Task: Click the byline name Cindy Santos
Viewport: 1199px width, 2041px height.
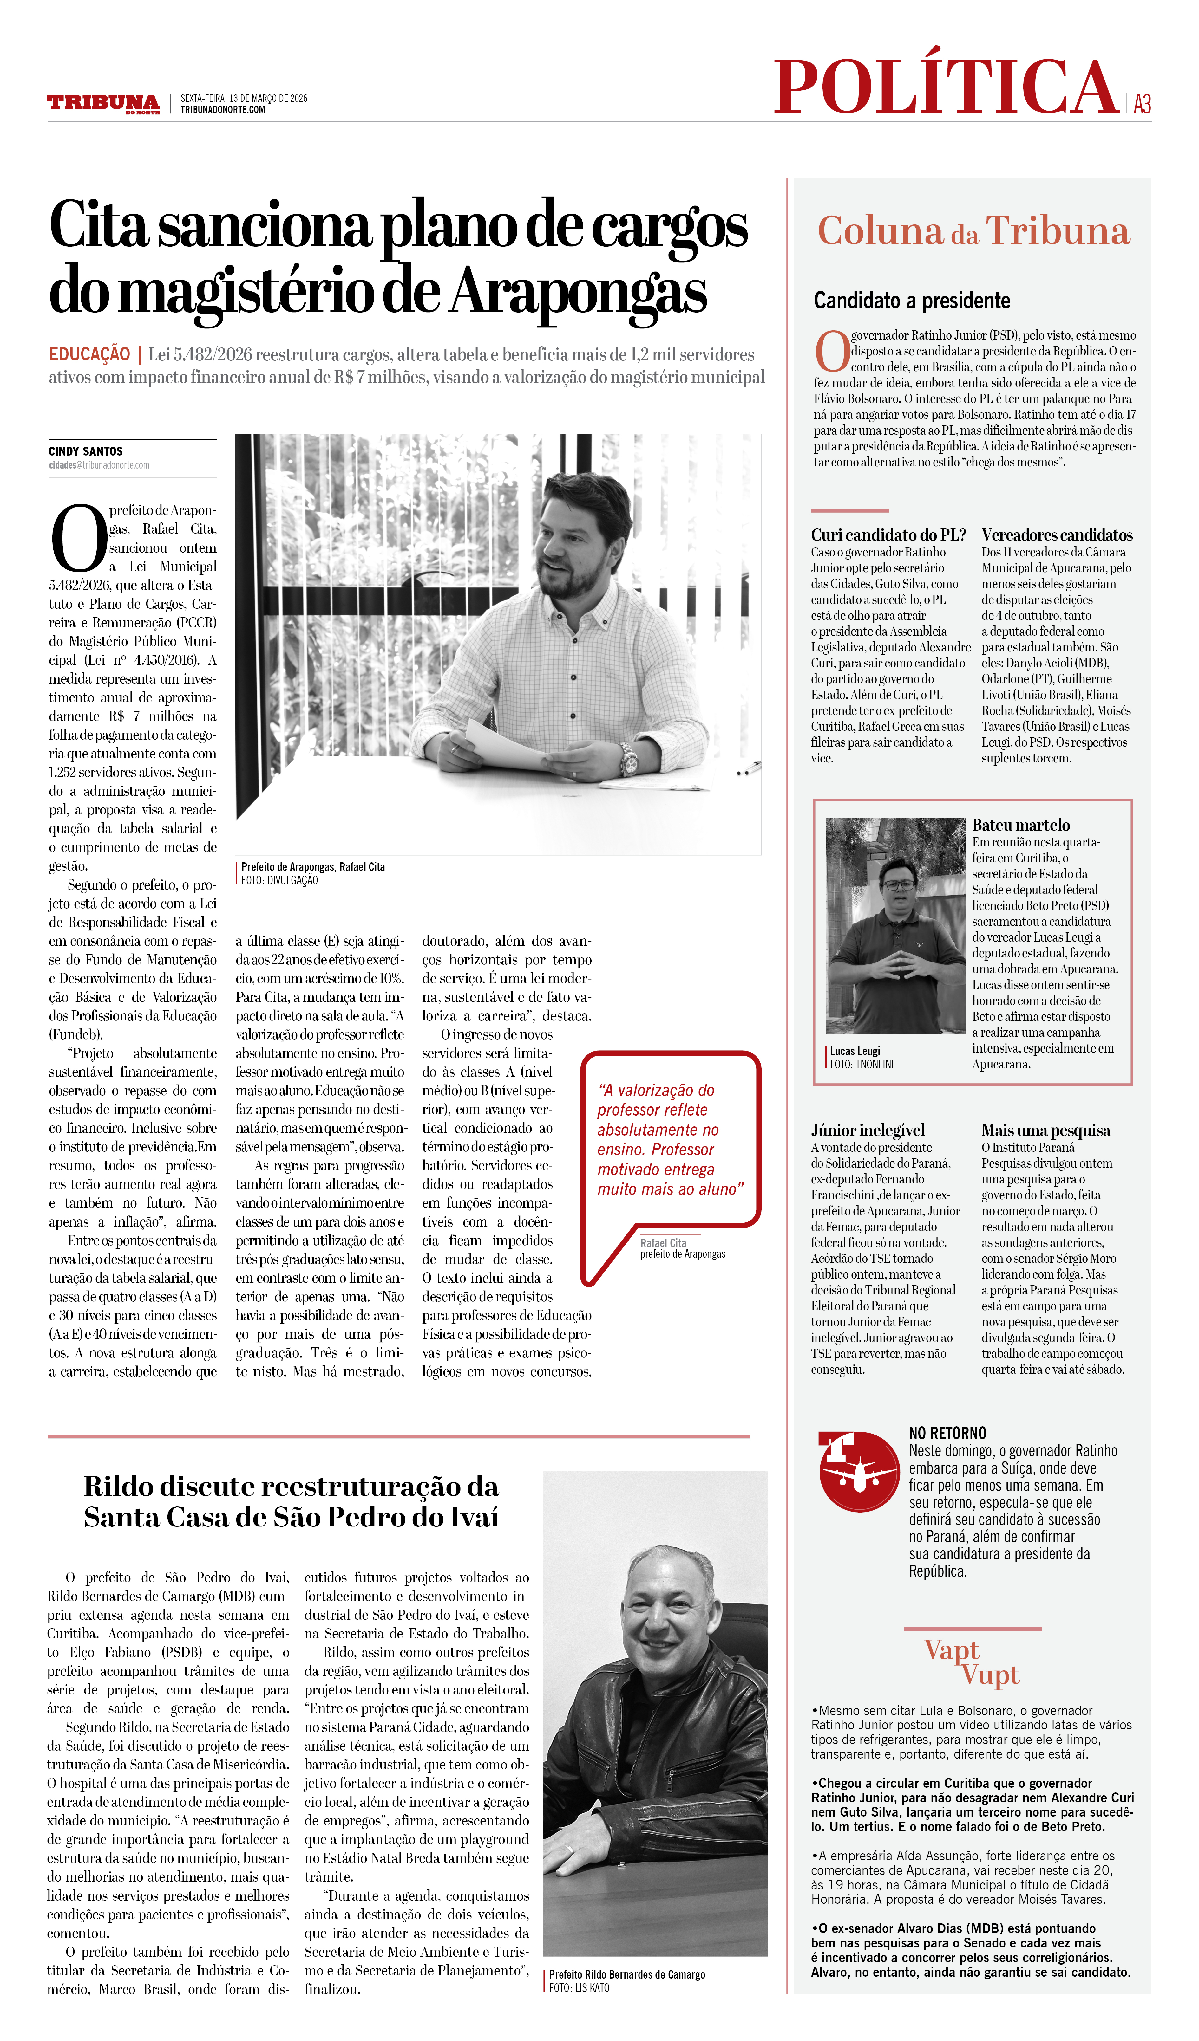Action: (x=86, y=451)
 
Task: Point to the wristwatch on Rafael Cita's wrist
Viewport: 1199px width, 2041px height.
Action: (x=629, y=759)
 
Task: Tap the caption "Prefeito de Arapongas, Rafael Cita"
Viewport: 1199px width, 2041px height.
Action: (x=313, y=867)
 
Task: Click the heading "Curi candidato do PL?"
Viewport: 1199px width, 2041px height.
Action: (x=888, y=535)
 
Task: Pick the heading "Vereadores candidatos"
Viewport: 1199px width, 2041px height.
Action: (x=1056, y=535)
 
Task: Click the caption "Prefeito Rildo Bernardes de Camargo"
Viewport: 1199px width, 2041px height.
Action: (x=626, y=1975)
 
